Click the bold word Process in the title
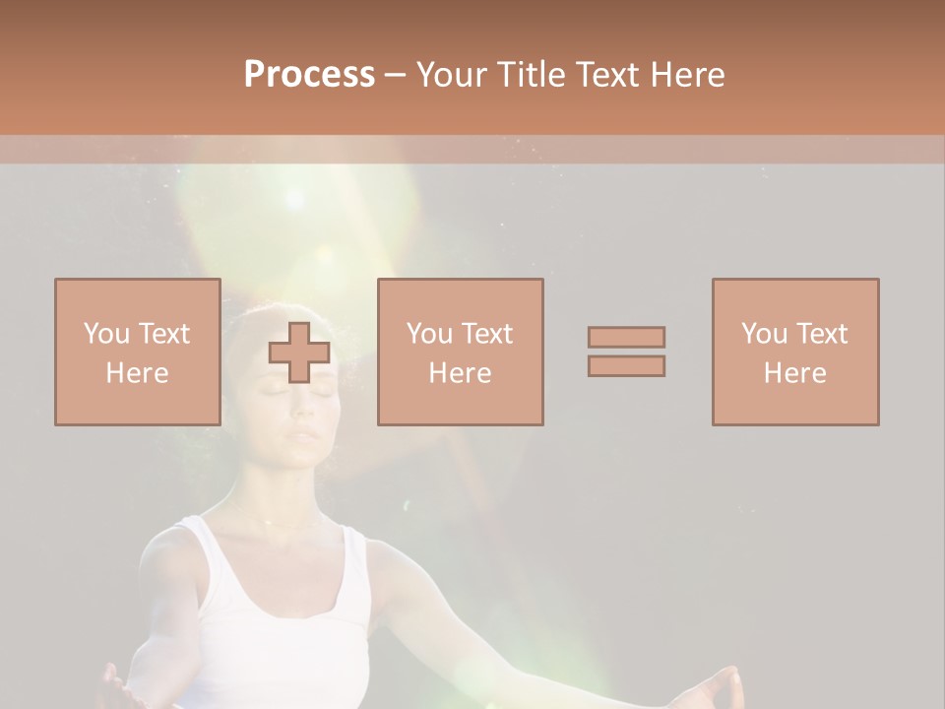(x=309, y=75)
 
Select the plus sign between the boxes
(x=299, y=353)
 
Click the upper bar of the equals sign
(x=626, y=337)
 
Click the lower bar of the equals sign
(x=626, y=366)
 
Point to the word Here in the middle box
(x=460, y=373)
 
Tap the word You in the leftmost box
(x=106, y=334)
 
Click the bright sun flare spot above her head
(x=294, y=198)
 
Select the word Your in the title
(x=449, y=75)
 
